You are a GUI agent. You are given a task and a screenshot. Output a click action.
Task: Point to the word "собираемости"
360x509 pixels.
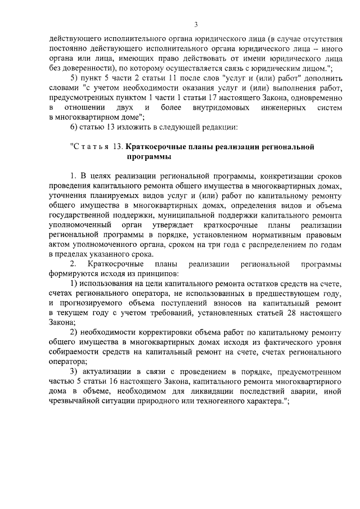click(75, 354)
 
